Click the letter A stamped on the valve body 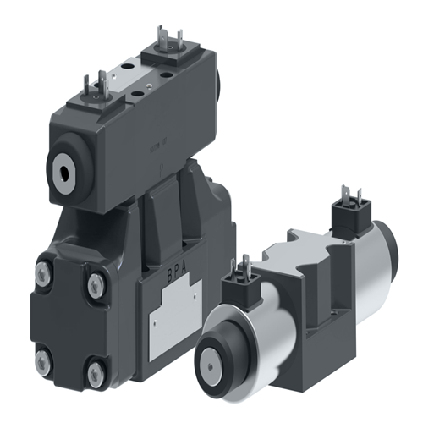tap(194, 276)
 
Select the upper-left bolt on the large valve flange tap(43, 272)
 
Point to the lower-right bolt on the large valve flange tap(96, 370)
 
